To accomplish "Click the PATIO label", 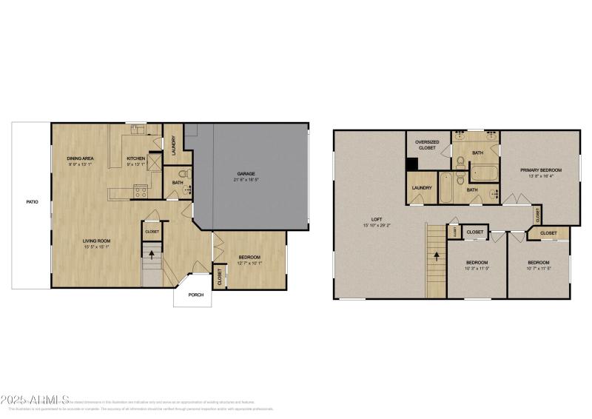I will [33, 201].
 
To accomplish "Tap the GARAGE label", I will [246, 172].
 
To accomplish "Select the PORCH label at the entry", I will [195, 295].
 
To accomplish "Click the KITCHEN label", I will [135, 158].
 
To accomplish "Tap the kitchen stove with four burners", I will [139, 192].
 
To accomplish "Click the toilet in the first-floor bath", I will [189, 173].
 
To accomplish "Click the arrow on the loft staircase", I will [436, 257].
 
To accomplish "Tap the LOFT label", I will [377, 219].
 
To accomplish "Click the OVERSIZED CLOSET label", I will [427, 144].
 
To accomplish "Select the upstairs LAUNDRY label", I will [422, 188].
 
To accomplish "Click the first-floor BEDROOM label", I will [249, 257].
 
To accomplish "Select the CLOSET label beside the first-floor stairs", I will [152, 231].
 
